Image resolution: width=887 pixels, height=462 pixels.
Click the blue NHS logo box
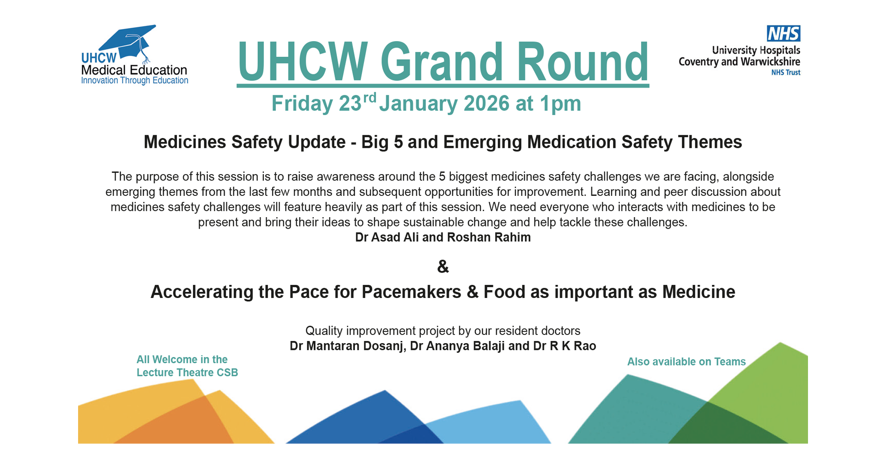(784, 33)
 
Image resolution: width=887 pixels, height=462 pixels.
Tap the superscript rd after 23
(369, 98)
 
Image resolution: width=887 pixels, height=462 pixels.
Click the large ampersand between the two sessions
(443, 267)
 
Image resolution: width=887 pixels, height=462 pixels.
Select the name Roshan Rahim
(489, 237)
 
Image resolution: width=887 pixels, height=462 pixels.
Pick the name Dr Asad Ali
(387, 237)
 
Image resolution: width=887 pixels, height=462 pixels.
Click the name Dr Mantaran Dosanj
(346, 346)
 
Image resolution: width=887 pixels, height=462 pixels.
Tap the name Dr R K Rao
(565, 346)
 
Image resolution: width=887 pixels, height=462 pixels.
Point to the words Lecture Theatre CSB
(187, 373)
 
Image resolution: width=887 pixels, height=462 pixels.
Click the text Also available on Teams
(687, 362)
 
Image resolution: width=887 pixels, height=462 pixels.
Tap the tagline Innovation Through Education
(134, 80)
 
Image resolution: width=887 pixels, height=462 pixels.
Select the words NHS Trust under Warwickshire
(786, 73)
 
